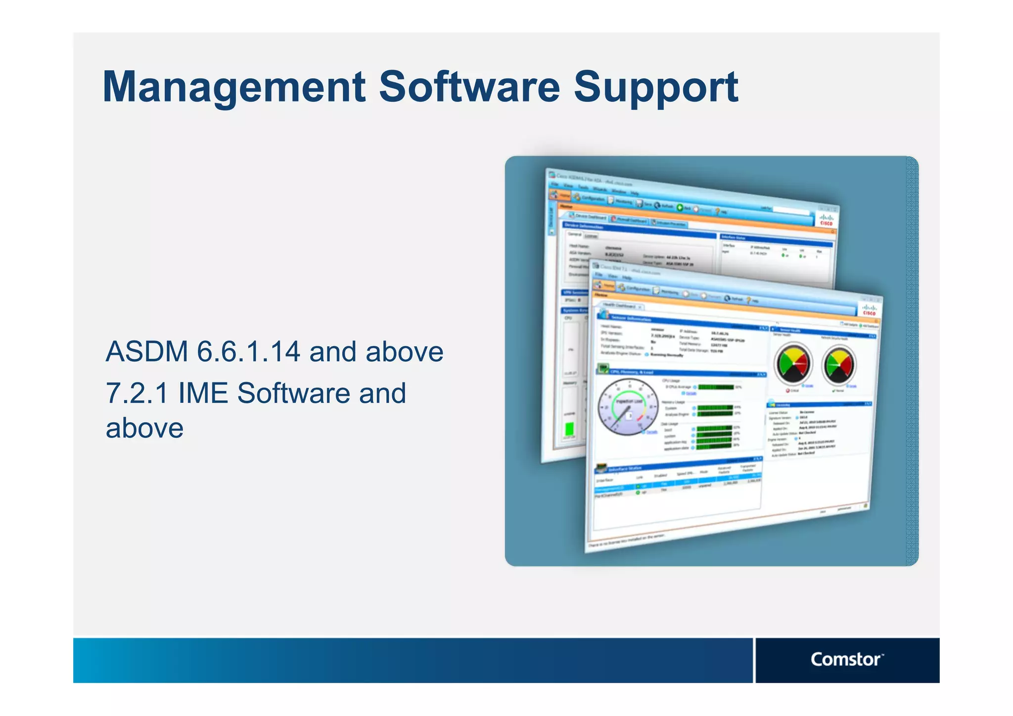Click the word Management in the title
click(x=233, y=87)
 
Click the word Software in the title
click(x=469, y=87)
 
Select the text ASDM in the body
click(x=147, y=352)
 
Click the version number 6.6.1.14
click(x=248, y=352)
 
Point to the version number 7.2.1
click(x=137, y=393)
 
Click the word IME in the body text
click(x=203, y=393)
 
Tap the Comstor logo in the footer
click(x=846, y=660)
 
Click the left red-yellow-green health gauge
click(x=793, y=364)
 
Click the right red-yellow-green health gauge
click(x=839, y=365)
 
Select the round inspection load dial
click(x=628, y=407)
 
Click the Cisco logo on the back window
click(x=826, y=220)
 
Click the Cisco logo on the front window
click(x=869, y=310)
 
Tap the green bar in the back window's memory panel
click(x=569, y=428)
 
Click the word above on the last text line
click(x=144, y=429)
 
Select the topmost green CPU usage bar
click(x=715, y=387)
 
